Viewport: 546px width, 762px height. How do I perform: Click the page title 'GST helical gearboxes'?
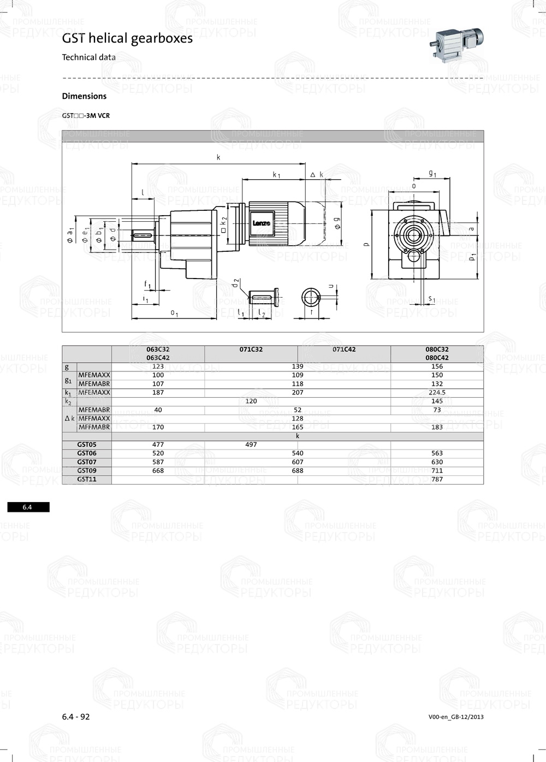[127, 38]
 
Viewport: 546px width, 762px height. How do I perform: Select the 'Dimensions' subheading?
[84, 96]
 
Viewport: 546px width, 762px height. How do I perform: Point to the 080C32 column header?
[437, 349]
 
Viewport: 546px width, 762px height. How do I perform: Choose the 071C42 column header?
[344, 349]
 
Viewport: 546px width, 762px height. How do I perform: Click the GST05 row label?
[87, 445]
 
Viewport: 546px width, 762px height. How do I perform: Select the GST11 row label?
[87, 479]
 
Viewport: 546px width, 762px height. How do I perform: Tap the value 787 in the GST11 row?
[437, 479]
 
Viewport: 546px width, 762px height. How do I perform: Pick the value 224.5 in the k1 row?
[437, 392]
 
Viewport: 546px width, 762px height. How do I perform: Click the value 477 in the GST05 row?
[158, 445]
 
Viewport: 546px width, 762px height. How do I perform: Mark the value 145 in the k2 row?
[437, 401]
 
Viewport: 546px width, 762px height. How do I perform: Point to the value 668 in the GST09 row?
[158, 470]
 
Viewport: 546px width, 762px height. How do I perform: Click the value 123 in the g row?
[158, 367]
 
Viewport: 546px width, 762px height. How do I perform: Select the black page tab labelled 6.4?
[28, 507]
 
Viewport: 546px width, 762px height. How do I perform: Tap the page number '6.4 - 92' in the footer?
[76, 717]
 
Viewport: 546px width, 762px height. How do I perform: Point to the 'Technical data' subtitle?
[88, 57]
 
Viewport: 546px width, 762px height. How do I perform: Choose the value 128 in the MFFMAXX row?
[298, 418]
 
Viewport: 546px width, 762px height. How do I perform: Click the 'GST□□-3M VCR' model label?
[86, 116]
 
